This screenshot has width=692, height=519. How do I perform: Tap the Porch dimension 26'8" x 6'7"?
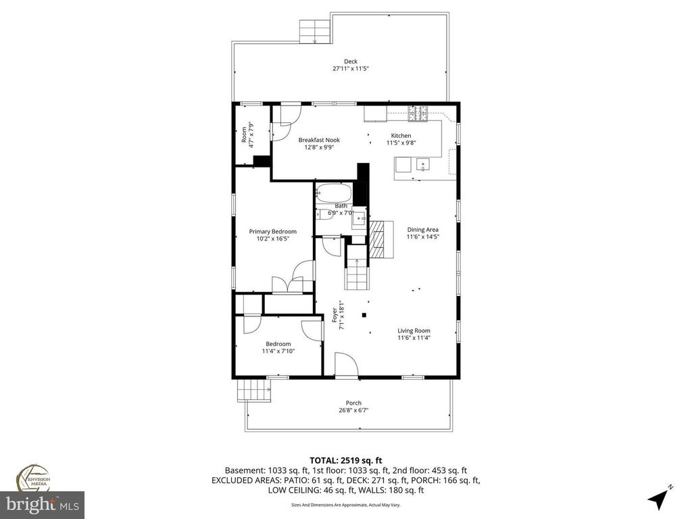[x=349, y=410]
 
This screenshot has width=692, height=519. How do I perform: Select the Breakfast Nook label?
[x=319, y=140]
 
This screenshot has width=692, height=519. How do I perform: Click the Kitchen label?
[x=400, y=136]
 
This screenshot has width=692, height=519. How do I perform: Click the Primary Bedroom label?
[x=272, y=231]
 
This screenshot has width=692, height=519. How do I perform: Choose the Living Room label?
[x=414, y=330]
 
